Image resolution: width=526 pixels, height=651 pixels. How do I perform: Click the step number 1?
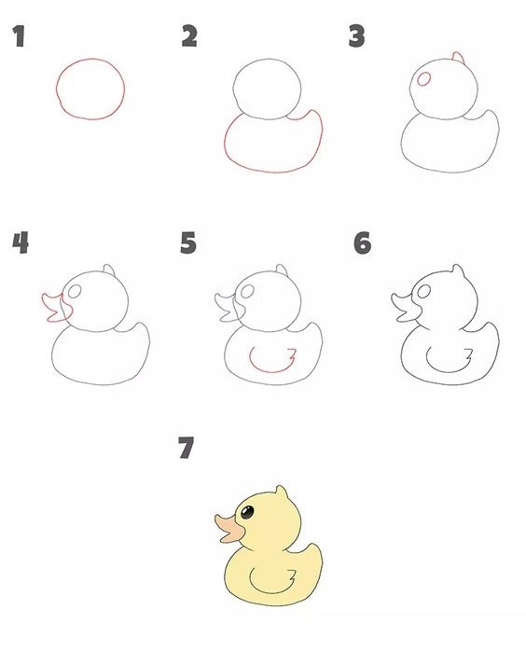click(18, 38)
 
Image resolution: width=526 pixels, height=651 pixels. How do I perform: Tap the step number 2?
click(189, 36)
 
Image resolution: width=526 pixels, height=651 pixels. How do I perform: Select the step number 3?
click(355, 36)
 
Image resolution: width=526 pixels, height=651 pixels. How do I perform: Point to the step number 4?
click(20, 243)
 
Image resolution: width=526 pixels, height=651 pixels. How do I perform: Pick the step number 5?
click(189, 243)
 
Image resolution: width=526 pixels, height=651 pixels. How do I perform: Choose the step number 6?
click(362, 243)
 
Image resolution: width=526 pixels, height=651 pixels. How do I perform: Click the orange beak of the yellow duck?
click(227, 529)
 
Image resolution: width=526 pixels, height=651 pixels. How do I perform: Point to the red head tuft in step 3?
click(456, 59)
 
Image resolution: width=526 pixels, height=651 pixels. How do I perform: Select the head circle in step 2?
click(269, 89)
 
